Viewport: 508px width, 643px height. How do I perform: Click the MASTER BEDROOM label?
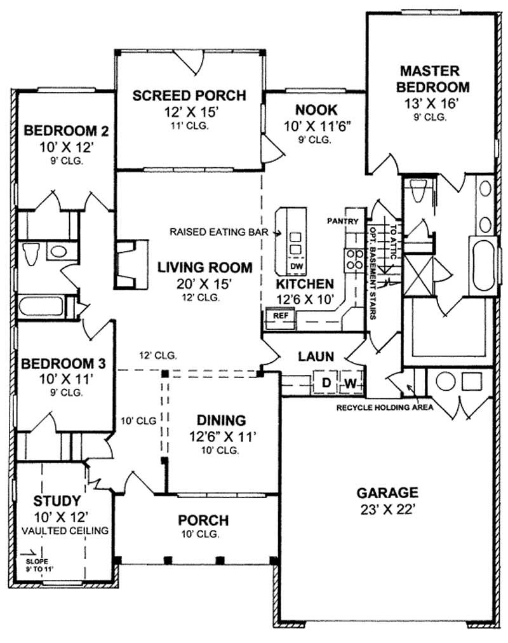point(435,78)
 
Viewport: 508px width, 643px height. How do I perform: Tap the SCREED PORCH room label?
point(189,96)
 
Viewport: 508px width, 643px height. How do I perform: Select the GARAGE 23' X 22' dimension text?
point(387,508)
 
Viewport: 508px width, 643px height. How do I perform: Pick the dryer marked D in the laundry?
point(326,383)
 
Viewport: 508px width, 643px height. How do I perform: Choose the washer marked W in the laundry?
point(351,383)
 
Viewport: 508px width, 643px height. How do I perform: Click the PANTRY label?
point(343,221)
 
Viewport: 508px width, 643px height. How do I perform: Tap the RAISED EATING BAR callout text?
point(219,233)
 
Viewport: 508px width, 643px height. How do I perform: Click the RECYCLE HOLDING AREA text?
point(385,407)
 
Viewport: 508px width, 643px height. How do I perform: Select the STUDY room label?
point(57,500)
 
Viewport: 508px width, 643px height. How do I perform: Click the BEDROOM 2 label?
point(58,132)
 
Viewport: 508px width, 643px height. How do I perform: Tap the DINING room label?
point(221,420)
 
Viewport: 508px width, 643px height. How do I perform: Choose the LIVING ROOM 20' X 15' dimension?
point(204,283)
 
